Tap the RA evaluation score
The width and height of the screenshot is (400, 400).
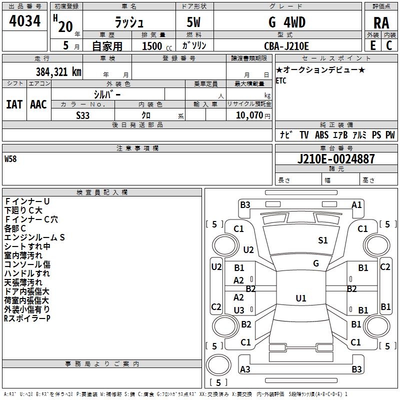[381, 23]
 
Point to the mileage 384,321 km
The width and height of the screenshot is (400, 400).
[58, 71]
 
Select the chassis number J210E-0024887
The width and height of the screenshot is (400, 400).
[336, 159]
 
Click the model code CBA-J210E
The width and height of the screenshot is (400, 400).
[286, 46]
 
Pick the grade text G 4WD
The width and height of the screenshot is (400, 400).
[287, 22]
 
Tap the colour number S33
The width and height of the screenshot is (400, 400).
[83, 115]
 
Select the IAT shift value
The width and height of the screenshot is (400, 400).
[14, 104]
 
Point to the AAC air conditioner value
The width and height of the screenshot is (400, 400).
[38, 104]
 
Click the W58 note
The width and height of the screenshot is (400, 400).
[10, 159]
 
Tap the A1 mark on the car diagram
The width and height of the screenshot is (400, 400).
[356, 204]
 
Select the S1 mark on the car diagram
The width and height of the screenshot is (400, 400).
[323, 240]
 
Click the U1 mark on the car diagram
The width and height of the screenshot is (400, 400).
[300, 298]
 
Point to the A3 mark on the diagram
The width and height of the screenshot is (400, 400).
[245, 369]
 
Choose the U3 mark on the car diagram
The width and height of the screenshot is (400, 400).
[239, 310]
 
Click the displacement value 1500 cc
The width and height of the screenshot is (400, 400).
[152, 46]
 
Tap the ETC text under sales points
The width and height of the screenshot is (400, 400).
[281, 81]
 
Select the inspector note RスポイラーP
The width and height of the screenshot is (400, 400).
[27, 318]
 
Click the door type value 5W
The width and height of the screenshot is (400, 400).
[194, 22]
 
